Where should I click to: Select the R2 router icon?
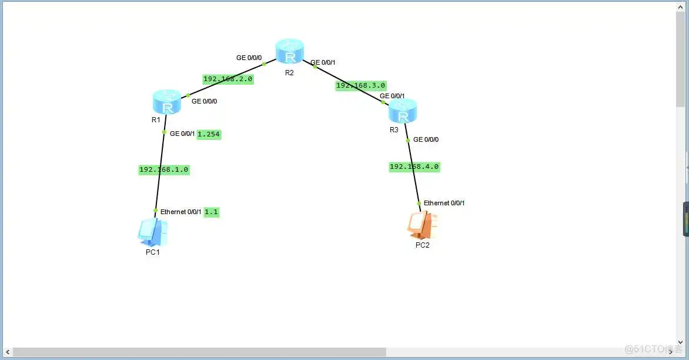point(290,52)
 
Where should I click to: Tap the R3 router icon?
point(403,111)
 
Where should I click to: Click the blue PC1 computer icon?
point(153,232)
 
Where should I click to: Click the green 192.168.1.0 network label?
point(164,169)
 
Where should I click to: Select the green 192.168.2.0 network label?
point(228,79)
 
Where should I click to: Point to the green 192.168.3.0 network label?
point(361,86)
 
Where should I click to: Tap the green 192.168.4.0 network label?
point(414,166)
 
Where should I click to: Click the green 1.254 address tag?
point(209,134)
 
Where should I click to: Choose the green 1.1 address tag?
point(212,212)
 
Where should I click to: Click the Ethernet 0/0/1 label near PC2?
point(444,203)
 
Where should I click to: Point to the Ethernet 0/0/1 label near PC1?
point(181,212)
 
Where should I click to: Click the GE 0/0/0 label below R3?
point(426,140)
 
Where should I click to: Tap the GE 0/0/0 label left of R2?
point(249,58)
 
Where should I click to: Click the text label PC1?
point(153,252)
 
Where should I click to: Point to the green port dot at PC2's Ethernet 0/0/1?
point(419,204)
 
